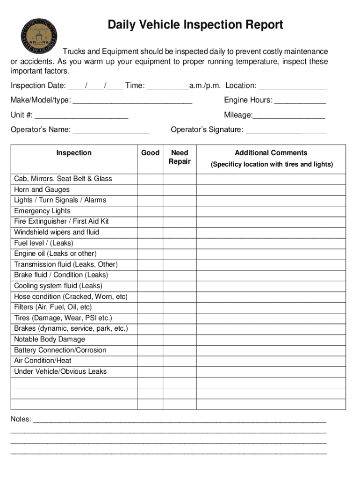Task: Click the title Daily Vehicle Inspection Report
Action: [x=195, y=24]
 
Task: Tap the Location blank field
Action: [x=292, y=86]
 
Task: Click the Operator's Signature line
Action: [x=286, y=130]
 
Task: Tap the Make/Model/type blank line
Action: [x=133, y=101]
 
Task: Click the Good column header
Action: [x=150, y=153]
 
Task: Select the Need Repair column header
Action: [x=180, y=157]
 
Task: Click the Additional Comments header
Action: [x=271, y=153]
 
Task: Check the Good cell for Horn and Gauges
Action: [x=150, y=189]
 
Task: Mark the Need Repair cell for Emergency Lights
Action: [x=180, y=211]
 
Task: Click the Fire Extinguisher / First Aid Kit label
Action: [x=61, y=221]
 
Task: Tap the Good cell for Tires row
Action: [x=150, y=318]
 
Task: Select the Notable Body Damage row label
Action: [x=50, y=339]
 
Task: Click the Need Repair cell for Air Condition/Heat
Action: [x=180, y=361]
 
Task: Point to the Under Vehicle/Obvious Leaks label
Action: [x=60, y=371]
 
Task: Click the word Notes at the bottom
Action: [x=21, y=419]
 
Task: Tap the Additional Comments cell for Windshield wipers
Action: [x=271, y=232]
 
